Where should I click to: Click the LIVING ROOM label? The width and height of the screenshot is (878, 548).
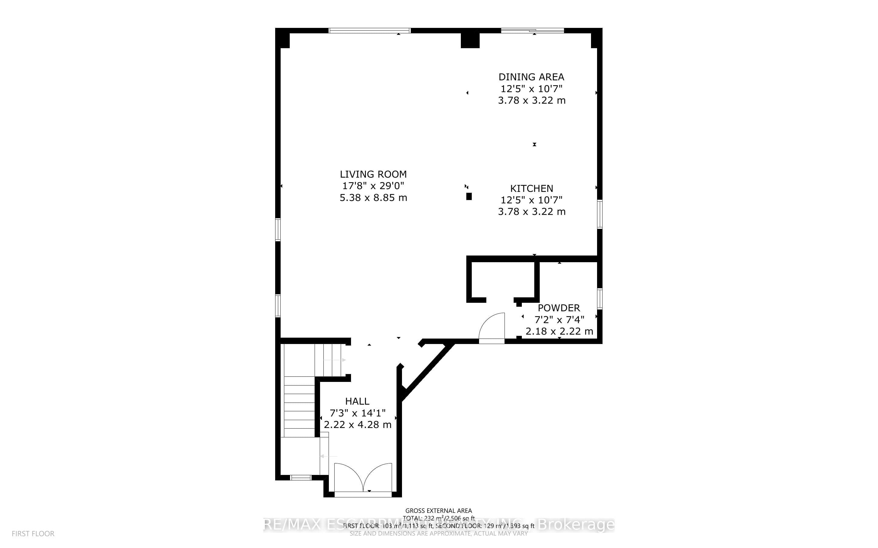tap(373, 174)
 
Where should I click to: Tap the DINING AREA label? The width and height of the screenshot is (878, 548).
tap(531, 77)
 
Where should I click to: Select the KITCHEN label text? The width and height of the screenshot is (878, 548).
tap(532, 189)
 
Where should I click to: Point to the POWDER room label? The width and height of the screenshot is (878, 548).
tap(559, 308)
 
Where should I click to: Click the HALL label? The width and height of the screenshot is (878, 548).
tap(357, 401)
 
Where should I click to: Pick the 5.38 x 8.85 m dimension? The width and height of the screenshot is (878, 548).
tap(373, 198)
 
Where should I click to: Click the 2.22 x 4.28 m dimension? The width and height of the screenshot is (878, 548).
tap(358, 425)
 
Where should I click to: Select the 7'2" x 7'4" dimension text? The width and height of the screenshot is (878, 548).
tap(559, 320)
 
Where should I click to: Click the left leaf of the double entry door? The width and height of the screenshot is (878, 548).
tap(348, 476)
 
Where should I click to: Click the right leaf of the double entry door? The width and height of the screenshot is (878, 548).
tap(378, 476)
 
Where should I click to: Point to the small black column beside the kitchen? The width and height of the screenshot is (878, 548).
tap(469, 196)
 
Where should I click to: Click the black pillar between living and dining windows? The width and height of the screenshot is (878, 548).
tap(470, 40)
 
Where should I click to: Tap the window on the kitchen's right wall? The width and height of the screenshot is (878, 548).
tap(600, 214)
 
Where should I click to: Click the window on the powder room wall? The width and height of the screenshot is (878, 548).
tap(600, 299)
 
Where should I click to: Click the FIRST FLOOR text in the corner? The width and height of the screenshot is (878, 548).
tap(33, 534)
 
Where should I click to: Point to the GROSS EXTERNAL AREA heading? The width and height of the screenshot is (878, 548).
tap(438, 511)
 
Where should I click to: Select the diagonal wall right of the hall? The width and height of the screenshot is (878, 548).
tap(427, 372)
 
